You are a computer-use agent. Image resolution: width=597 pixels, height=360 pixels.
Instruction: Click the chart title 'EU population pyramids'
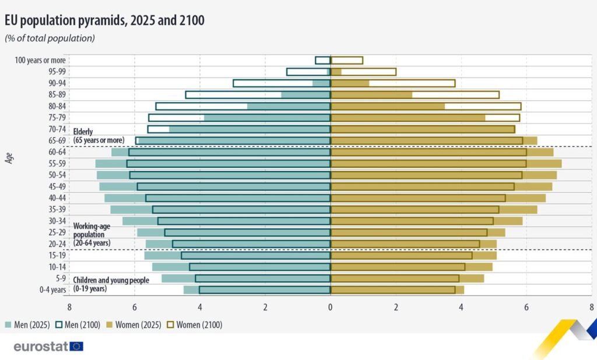[x=104, y=20]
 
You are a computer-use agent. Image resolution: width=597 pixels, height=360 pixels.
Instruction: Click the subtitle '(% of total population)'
[x=50, y=39]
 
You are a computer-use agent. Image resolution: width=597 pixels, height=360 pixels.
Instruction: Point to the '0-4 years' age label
[x=50, y=290]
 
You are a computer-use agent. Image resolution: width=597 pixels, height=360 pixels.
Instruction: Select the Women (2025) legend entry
[x=135, y=325]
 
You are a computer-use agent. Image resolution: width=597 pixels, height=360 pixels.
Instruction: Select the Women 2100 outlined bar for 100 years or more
[x=347, y=60]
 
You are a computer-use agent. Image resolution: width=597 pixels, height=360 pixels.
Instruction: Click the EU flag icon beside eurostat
[x=76, y=346]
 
